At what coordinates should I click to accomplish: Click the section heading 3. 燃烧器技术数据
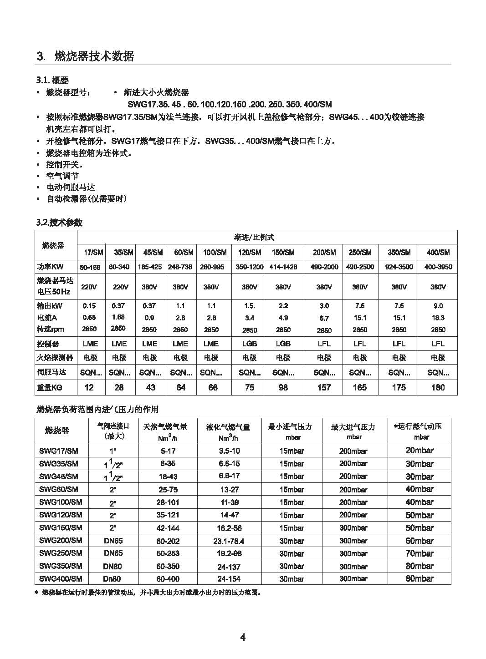[x=85, y=56]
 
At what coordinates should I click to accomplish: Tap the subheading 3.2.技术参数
[x=59, y=223]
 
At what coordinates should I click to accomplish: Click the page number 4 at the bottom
[x=243, y=637]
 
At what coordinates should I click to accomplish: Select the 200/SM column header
[x=324, y=253]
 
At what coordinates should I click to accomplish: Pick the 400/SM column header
[x=438, y=253]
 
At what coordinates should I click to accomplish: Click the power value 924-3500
[x=399, y=267]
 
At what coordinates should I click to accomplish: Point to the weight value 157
[x=324, y=387]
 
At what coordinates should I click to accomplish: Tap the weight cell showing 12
[x=89, y=387]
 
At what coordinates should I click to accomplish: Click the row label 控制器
[x=48, y=344]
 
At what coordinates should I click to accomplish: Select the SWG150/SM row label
[x=61, y=527]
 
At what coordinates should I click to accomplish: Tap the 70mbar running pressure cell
[x=419, y=553]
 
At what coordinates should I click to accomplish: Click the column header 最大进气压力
[x=353, y=427]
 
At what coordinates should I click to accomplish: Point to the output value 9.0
[x=438, y=306]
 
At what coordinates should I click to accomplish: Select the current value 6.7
[x=324, y=318]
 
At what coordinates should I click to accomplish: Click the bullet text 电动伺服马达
[x=71, y=187]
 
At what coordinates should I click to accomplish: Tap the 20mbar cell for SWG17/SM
[x=419, y=450]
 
